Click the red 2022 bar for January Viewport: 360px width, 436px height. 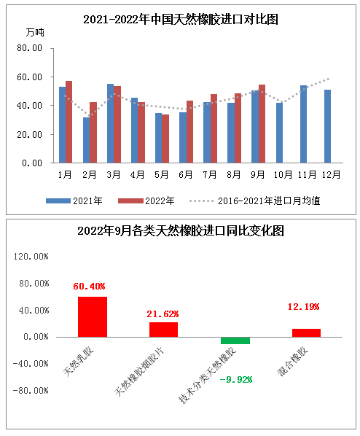pos(69,122)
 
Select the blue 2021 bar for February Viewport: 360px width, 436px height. pos(86,140)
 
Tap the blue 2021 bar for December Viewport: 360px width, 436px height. pos(327,126)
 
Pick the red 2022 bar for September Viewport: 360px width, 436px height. pos(262,124)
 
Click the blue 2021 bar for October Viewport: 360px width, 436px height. pos(279,133)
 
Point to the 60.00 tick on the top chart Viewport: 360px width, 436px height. pos(29,77)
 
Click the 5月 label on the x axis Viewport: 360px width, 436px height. pos(161,175)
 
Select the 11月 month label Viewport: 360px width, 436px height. pos(307,175)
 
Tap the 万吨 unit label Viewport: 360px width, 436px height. pos(35,32)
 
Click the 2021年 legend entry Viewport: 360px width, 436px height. pos(74,201)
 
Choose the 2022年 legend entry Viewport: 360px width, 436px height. pos(146,201)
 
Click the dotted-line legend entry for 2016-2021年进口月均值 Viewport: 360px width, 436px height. pos(255,201)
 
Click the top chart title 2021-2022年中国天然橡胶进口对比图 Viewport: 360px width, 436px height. pos(181,20)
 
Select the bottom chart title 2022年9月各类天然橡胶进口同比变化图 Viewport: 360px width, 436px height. pos(181,231)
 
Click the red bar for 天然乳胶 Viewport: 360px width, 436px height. pos(93,316)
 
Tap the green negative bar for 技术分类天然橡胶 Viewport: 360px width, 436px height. pos(235,340)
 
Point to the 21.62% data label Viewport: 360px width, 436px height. pos(163,314)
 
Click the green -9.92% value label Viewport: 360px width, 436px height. pos(235,380)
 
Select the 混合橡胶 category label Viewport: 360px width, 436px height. pos(292,361)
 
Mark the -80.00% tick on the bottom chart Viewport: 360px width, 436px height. pos(31,390)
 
